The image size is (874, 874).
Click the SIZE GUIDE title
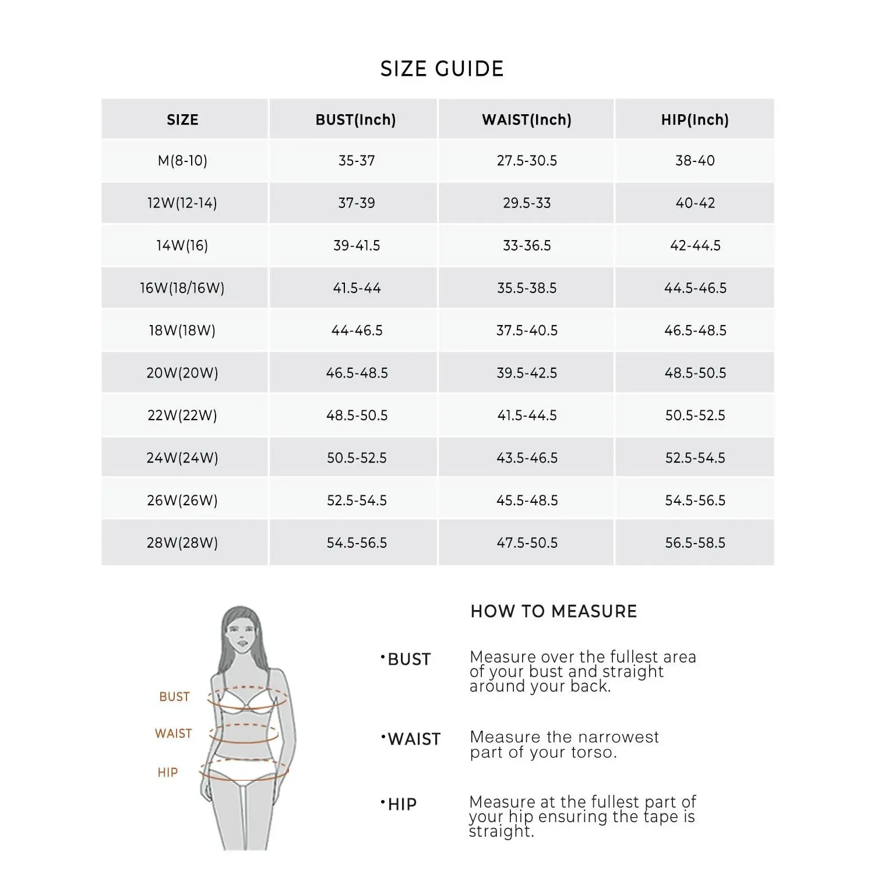(x=442, y=69)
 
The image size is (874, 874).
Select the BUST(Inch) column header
(x=355, y=119)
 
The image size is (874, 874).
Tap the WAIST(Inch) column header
(x=527, y=119)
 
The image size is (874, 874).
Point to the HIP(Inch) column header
(x=695, y=119)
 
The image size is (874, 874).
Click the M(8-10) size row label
(x=182, y=160)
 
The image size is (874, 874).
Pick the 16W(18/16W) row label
(x=182, y=288)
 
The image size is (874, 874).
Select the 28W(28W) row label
(x=182, y=542)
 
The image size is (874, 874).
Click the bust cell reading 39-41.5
(x=357, y=245)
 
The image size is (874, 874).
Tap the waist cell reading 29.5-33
(x=527, y=203)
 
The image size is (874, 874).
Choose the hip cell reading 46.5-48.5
(x=695, y=330)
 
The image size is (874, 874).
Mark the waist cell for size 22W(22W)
(x=527, y=415)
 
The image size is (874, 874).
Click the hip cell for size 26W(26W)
(x=695, y=500)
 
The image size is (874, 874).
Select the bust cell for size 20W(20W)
(x=357, y=373)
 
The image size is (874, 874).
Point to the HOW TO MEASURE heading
(x=554, y=611)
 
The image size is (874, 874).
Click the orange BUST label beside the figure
(x=174, y=697)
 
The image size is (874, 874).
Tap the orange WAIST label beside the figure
(x=173, y=734)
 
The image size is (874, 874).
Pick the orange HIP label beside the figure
(x=167, y=773)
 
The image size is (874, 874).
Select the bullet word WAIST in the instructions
(x=414, y=739)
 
